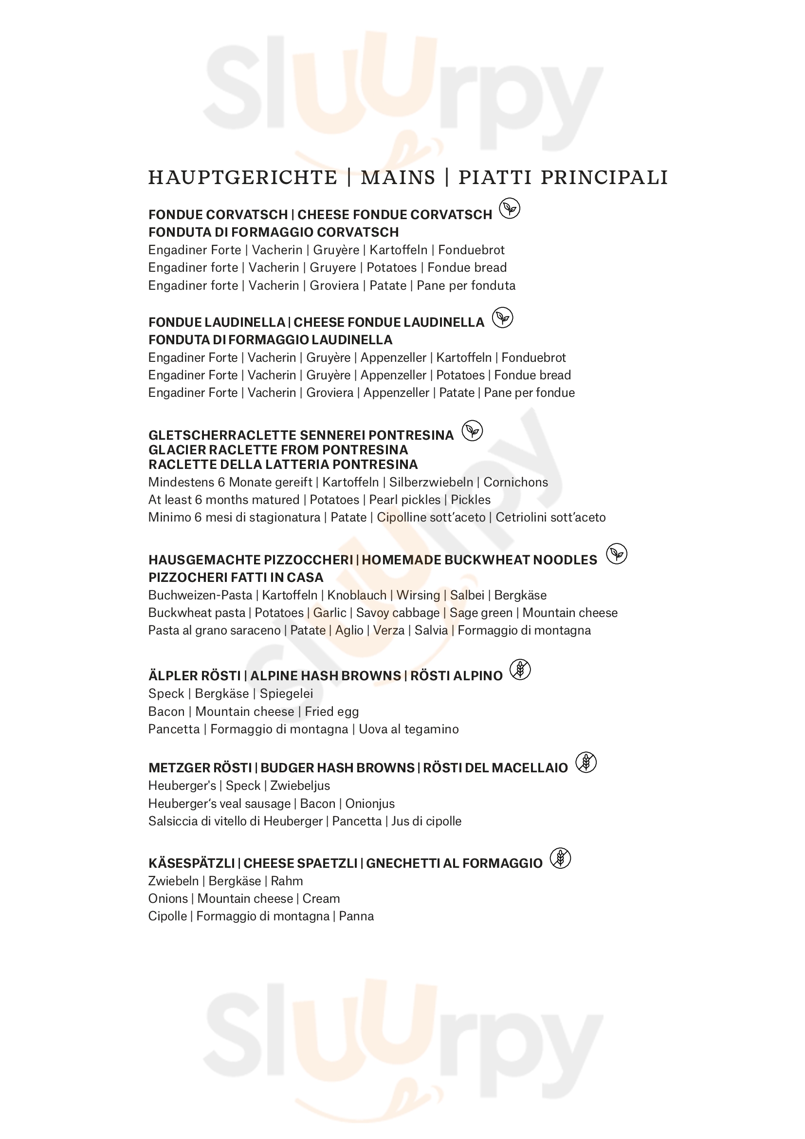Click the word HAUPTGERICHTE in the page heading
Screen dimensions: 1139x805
pos(242,178)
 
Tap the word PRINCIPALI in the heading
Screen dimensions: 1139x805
pos(604,178)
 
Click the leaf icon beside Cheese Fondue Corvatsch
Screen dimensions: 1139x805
pos(510,208)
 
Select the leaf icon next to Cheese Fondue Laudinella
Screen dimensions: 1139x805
pos(503,317)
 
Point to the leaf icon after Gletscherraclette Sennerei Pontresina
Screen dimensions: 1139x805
pos(473,430)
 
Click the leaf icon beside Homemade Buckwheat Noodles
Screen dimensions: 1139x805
pos(617,554)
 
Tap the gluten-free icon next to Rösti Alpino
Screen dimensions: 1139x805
pos(520,670)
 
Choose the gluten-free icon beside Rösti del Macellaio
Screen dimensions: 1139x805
pos(586,763)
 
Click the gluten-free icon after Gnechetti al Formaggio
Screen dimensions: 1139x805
pos(561,858)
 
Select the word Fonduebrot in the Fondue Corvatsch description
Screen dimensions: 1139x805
pos(471,250)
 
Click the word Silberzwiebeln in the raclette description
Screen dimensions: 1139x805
pos(431,482)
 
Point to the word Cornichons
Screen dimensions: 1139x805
pos(515,482)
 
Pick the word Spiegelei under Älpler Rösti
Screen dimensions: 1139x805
pos(286,693)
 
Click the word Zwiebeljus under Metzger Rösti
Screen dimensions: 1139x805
pos(300,786)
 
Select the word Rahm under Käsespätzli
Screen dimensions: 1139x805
pos(287,881)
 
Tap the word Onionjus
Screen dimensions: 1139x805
pos(370,803)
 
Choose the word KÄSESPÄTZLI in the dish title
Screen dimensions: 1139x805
pos(191,864)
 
